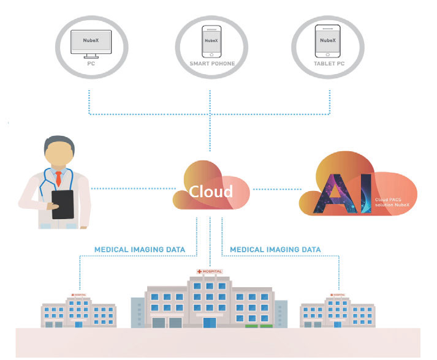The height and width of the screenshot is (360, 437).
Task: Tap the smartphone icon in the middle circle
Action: [210, 42]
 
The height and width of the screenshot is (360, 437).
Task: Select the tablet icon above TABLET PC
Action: [327, 41]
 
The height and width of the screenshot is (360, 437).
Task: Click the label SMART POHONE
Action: [210, 64]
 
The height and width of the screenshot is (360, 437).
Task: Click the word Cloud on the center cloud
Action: [210, 191]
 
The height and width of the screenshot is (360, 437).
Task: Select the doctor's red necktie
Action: [59, 178]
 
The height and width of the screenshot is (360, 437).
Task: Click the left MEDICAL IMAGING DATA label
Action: [140, 250]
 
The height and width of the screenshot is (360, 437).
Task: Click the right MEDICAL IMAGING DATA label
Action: [275, 250]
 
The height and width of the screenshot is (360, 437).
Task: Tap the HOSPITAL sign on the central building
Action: [210, 271]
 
